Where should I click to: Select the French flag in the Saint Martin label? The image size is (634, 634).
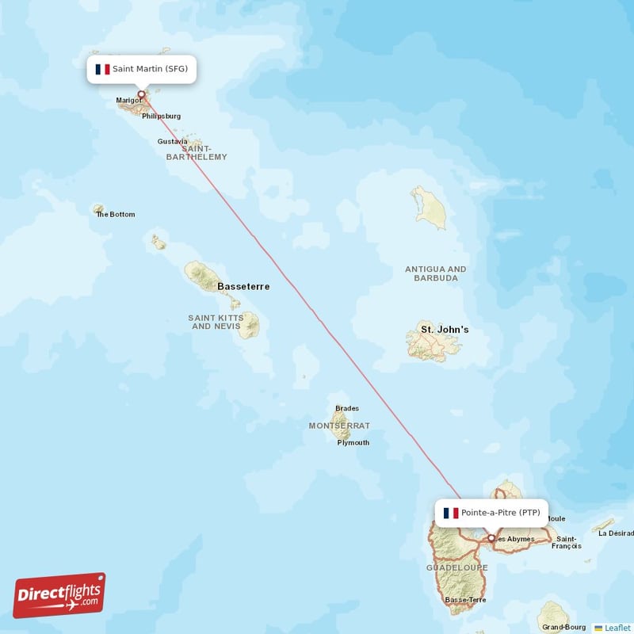coord(102,69)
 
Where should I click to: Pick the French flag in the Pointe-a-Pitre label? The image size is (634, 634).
coord(451,513)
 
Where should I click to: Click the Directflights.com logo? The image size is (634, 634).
coord(59,595)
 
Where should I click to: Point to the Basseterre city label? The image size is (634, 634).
coord(243,286)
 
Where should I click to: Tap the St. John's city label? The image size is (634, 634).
coord(445,329)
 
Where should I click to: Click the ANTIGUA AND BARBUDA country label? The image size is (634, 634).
coord(436,273)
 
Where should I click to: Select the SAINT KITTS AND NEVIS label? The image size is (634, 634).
coord(216,322)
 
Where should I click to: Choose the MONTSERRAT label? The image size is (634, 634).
coord(339,426)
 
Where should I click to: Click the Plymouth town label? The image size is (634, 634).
coord(353,442)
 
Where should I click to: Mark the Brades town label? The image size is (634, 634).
coord(347,409)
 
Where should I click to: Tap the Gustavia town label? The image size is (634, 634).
coord(173,142)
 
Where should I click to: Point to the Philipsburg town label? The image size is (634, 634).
coord(162,116)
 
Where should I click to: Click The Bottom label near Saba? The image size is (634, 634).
coord(116,214)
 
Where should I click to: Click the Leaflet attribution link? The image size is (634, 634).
coord(617,628)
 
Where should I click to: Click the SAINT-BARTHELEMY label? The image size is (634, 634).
coord(197,152)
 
